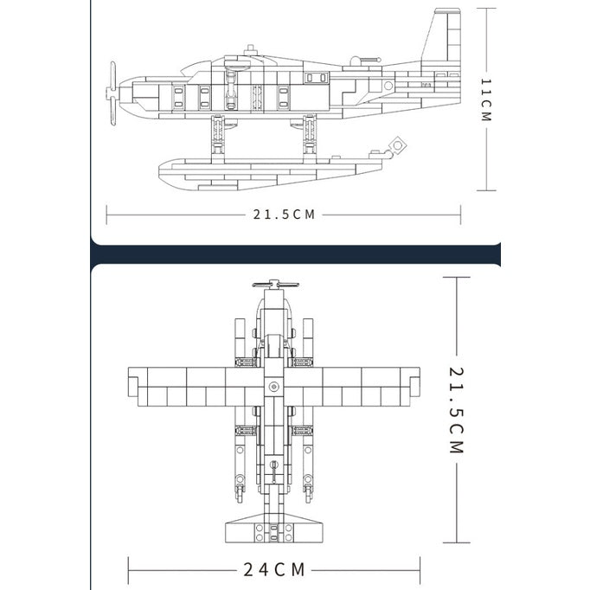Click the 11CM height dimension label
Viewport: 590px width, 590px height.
(486, 100)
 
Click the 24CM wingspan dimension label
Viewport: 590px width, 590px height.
(274, 569)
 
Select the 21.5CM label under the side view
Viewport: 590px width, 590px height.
(284, 215)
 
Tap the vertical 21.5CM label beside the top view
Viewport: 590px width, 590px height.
(457, 410)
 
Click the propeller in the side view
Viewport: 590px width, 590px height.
(112, 93)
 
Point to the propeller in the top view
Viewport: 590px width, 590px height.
(275, 284)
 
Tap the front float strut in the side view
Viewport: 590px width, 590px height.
(218, 136)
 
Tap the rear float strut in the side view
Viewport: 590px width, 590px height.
(310, 136)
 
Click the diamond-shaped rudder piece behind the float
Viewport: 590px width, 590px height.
(397, 144)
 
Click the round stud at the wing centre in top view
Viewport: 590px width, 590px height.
(273, 387)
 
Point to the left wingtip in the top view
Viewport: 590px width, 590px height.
(133, 382)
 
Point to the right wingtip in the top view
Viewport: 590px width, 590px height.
(414, 382)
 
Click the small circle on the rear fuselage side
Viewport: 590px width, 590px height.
(388, 86)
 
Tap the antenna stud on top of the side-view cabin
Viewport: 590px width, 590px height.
(250, 49)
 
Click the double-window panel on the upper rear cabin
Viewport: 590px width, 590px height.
(317, 78)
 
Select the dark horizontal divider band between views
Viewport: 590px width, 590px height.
(296, 254)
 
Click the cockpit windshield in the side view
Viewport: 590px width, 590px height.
(196, 67)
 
